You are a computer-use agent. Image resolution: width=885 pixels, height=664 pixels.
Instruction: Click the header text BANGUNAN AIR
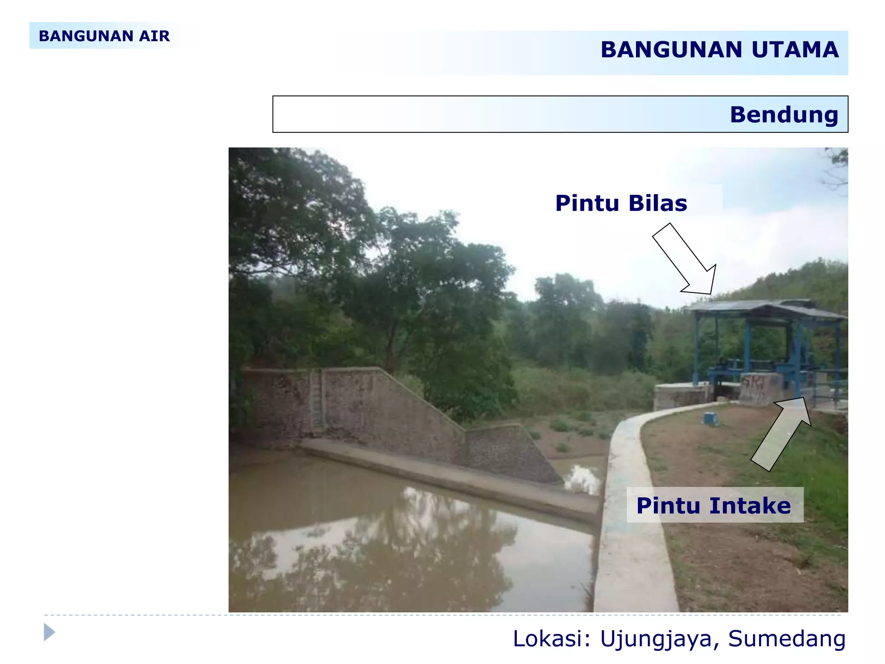(104, 36)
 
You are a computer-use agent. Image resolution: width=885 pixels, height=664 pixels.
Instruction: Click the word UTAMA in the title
(795, 50)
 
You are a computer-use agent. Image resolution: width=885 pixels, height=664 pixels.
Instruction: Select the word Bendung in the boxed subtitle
(784, 115)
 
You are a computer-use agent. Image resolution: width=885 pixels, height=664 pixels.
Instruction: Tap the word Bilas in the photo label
(657, 203)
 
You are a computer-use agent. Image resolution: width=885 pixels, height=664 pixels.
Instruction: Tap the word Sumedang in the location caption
(786, 638)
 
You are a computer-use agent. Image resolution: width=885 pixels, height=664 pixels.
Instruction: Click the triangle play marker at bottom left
(49, 632)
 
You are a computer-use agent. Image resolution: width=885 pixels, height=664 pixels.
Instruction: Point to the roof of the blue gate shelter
(761, 308)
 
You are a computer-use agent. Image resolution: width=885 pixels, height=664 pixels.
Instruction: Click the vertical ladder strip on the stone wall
(317, 400)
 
